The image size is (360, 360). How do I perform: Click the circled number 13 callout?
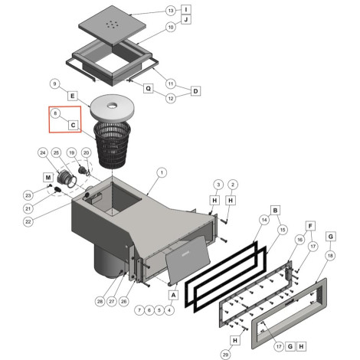coord(171,11)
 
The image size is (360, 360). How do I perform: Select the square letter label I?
coord(186,10)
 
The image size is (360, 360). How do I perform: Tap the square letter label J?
coord(186,19)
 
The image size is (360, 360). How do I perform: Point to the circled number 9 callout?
coord(54,83)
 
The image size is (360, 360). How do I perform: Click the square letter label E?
coord(73,96)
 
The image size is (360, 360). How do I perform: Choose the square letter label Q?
coord(148,89)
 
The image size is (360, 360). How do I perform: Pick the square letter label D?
coord(195,91)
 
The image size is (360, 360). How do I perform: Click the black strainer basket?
coord(113,145)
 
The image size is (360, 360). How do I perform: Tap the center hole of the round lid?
coord(112,106)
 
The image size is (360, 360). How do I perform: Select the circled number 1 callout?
coord(162,172)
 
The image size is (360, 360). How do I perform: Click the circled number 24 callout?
coord(43,152)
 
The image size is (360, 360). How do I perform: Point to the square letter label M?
coord(48,177)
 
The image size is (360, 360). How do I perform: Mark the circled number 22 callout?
coord(28,221)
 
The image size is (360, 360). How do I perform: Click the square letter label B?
coord(275,211)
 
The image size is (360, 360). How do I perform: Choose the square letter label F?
coord(310,226)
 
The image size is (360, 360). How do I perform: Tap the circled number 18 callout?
coord(330,256)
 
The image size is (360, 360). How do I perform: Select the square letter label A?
coord(174,295)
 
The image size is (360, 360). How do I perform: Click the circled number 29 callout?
coord(225,355)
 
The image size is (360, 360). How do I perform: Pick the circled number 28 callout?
coord(100,302)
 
